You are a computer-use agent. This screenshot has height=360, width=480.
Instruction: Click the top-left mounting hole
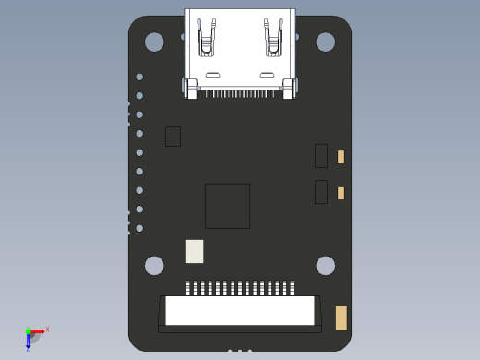154,42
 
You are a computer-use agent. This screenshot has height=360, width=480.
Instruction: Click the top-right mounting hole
326,42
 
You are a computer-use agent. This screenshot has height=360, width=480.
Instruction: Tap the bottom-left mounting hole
154,266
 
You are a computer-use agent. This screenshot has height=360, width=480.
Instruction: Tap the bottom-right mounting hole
326,266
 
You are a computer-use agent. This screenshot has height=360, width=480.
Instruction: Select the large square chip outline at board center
227,206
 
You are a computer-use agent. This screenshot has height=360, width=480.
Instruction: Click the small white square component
194,251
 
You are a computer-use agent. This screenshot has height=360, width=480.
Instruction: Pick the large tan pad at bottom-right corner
341,318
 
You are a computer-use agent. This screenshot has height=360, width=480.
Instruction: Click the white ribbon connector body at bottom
240,311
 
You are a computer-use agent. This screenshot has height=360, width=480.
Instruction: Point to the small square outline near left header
173,137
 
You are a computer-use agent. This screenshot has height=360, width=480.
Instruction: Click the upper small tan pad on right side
341,157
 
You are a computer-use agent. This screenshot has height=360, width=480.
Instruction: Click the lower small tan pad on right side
341,193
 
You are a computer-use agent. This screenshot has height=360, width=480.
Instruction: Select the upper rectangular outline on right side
321,156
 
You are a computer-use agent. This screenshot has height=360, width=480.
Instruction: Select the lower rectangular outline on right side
321,192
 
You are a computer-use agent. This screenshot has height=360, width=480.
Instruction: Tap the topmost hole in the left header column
139,77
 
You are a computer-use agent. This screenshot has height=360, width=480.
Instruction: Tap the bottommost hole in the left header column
139,228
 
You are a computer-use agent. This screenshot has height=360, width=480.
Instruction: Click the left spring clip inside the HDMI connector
207,38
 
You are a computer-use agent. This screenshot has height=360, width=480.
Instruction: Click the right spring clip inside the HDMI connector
273,38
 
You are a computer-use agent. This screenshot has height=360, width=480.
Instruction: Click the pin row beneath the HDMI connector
240,93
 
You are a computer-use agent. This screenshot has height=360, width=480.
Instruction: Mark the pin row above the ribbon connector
240,288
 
